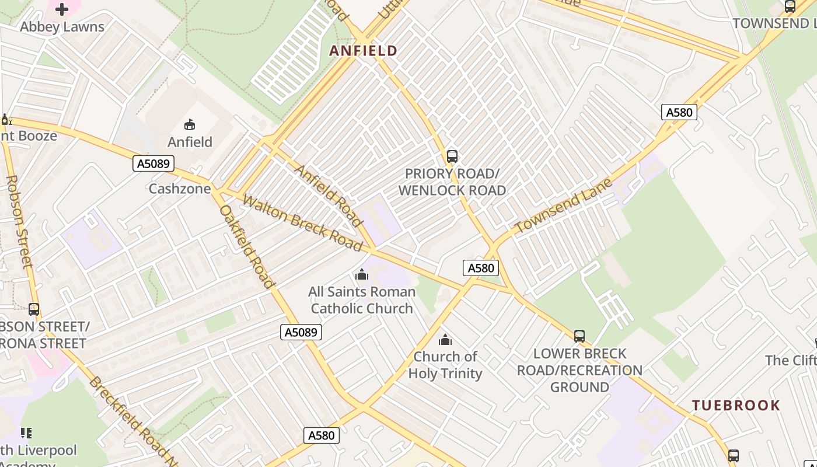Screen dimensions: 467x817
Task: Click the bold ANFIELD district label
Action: (363, 51)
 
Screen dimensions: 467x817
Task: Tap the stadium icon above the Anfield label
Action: (190, 124)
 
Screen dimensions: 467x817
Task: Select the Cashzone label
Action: (180, 189)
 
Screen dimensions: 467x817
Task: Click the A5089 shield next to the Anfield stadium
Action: (154, 163)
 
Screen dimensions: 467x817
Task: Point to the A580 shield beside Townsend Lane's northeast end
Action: (679, 112)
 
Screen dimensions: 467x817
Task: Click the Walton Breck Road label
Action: (302, 223)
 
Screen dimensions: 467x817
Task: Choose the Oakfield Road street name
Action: (247, 246)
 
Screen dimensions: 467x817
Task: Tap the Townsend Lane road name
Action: (563, 205)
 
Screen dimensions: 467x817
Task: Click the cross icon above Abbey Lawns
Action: (62, 9)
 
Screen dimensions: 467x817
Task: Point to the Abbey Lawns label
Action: (62, 27)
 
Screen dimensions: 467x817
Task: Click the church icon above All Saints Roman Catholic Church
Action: (362, 274)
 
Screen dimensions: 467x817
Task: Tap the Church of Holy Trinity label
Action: (445, 365)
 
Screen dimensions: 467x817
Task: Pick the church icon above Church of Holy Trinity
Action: (445, 340)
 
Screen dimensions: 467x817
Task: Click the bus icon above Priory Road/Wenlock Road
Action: (452, 156)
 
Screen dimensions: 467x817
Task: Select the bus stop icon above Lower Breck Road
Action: (579, 336)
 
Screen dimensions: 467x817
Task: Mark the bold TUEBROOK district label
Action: (736, 405)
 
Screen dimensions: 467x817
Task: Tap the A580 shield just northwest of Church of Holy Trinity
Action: (481, 268)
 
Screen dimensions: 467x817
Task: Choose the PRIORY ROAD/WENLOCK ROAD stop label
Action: (452, 182)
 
